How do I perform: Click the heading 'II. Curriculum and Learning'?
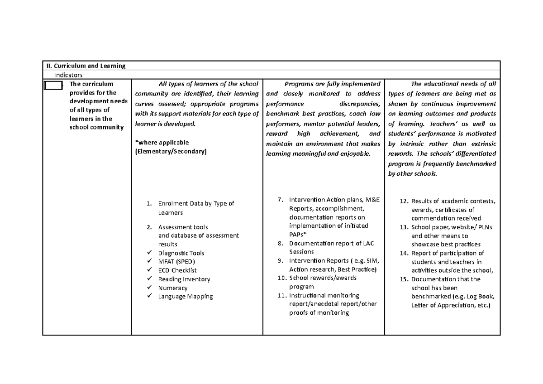tap(85, 66)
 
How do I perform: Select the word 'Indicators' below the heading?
tap(69, 75)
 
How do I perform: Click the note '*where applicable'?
tap(162, 142)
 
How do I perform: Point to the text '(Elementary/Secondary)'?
tap(171, 151)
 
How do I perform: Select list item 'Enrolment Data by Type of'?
tap(196, 204)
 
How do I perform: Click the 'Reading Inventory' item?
tap(184, 279)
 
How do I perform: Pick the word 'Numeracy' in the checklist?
tap(172, 288)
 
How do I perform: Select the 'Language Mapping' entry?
tap(185, 297)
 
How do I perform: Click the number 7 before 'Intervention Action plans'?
tap(281, 200)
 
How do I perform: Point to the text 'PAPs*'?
tap(298, 235)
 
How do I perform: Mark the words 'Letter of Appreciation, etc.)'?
tap(450, 305)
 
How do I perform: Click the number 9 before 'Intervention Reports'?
tap(281, 260)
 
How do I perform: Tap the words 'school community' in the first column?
tap(96, 127)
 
